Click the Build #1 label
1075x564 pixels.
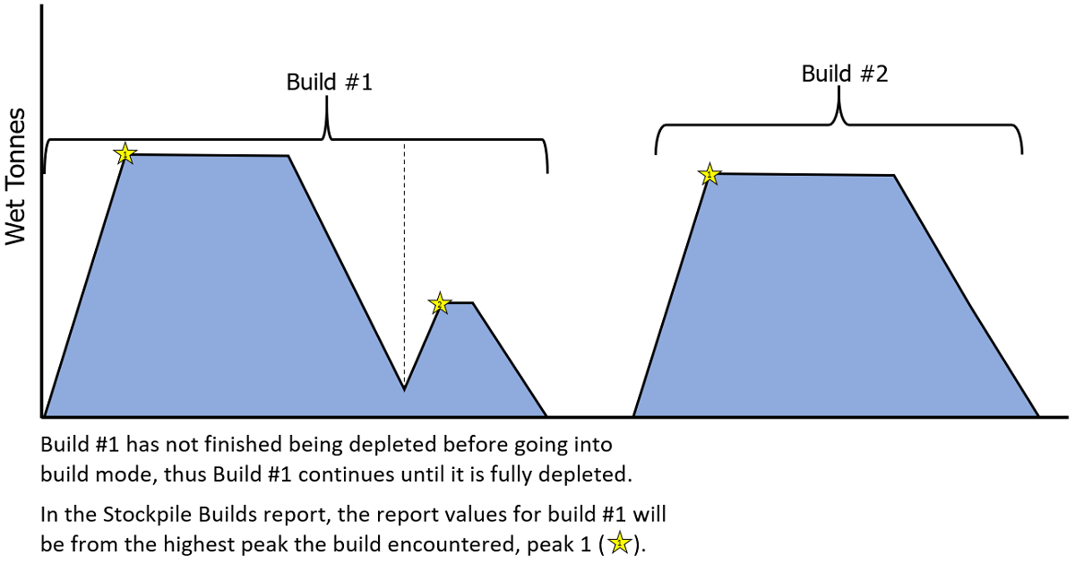(328, 82)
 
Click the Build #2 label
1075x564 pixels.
(844, 74)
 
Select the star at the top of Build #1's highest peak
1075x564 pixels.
(125, 154)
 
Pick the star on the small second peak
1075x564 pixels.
(438, 304)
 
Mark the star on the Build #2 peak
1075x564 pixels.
(709, 174)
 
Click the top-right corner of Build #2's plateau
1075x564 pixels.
(894, 176)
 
